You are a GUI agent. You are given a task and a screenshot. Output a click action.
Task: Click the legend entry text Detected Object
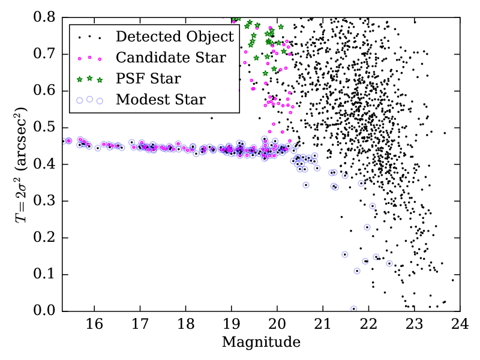click(x=175, y=37)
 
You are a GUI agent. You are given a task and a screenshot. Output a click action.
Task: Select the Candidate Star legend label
click(x=171, y=58)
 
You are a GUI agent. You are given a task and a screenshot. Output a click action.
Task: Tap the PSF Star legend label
click(x=148, y=79)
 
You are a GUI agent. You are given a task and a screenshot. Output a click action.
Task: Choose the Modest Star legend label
click(x=161, y=100)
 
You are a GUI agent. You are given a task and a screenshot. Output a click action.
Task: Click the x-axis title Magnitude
click(x=261, y=343)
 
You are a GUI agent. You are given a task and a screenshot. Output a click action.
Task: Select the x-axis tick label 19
click(x=231, y=325)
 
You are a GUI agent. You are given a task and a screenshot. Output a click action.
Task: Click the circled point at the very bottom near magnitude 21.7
click(x=354, y=309)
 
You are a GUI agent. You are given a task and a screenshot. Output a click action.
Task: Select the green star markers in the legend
click(x=89, y=79)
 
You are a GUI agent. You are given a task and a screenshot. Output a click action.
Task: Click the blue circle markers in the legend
click(x=89, y=100)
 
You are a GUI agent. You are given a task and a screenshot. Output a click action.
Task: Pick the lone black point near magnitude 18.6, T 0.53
click(x=212, y=118)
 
